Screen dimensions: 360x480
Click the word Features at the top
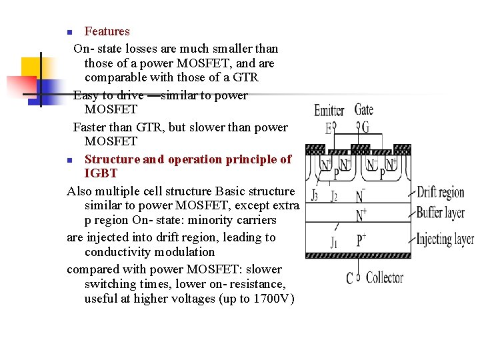point(107,31)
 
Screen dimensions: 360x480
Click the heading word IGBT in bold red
point(101,173)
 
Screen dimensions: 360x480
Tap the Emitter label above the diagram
point(329,111)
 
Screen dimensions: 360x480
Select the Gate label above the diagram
point(363,109)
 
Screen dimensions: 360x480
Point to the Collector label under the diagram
point(385,277)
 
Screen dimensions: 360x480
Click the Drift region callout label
point(440,193)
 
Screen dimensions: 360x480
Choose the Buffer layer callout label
point(440,214)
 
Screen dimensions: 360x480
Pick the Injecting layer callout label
point(445,239)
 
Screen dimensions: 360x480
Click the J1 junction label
point(333,243)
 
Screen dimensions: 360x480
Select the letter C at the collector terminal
point(349,277)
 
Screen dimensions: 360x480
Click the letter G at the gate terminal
point(365,127)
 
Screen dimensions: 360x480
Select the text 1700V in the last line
point(273,299)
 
